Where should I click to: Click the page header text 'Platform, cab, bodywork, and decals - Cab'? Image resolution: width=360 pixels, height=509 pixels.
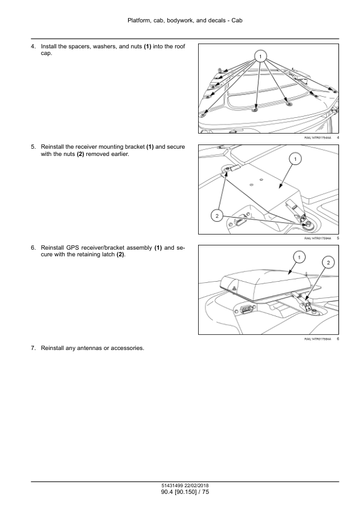(185, 21)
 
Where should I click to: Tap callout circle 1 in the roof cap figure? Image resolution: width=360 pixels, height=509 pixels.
(260, 56)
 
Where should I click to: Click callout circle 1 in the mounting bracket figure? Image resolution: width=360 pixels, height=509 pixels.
(295, 159)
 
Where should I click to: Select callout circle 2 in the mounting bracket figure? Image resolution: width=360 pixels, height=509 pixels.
(217, 216)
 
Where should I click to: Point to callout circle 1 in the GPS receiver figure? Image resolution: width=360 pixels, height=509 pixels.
(299, 258)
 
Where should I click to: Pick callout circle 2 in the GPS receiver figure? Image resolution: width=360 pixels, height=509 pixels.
(328, 262)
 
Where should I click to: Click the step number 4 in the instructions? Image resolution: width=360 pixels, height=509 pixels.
(33, 47)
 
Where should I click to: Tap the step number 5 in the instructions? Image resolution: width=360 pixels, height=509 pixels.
(33, 147)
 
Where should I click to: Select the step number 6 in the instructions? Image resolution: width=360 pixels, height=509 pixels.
(33, 248)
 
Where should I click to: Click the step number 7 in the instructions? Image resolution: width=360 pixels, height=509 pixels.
(33, 348)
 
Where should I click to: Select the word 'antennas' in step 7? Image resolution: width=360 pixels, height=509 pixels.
(89, 348)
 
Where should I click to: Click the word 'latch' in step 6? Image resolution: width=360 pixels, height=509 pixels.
(108, 254)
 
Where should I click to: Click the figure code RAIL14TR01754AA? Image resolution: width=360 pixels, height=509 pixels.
(318, 138)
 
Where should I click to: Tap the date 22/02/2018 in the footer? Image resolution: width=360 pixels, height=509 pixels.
(196, 486)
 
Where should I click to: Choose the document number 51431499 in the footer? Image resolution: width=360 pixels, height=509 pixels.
(172, 486)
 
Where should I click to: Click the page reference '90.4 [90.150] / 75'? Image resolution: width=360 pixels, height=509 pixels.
(185, 492)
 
